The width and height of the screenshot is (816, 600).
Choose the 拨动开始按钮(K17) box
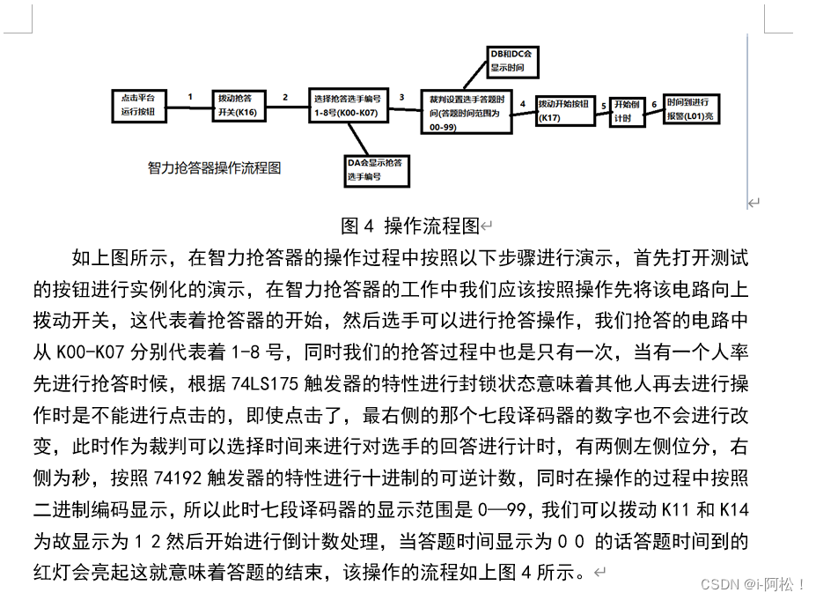coord(566,110)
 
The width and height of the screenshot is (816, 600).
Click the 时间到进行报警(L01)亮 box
coord(691,109)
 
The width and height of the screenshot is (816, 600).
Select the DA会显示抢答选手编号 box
coord(377,169)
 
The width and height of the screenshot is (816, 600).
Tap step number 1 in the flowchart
coord(190,97)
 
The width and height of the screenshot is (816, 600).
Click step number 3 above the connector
coord(402,97)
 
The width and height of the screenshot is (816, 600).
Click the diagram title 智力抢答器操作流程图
coord(215,167)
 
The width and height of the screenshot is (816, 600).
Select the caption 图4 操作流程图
coord(409,226)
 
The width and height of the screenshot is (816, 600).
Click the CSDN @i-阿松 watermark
coord(761,584)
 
